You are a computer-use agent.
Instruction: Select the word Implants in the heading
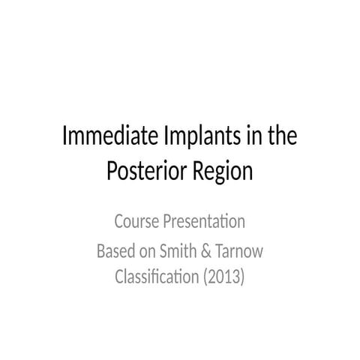tap(190, 139)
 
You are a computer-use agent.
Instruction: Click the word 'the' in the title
tap(278, 138)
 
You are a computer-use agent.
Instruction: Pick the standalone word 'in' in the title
tap(245, 138)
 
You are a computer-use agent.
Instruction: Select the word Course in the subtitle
tap(136, 222)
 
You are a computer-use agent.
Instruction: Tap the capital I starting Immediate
tap(65, 138)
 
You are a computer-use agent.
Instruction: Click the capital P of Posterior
tap(112, 172)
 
